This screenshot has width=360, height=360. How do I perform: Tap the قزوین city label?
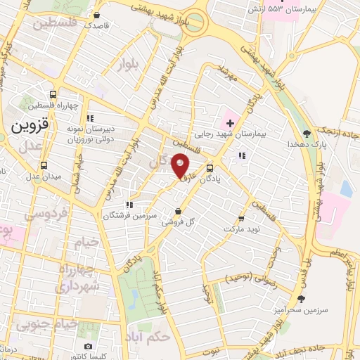pos(30,126)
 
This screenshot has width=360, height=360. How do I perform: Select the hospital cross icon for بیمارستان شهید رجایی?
pos(229,113)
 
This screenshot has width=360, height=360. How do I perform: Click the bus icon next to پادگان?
pos(210,168)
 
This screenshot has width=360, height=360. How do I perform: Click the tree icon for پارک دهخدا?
pos(306,133)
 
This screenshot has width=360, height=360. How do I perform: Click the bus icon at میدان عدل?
pos(44,166)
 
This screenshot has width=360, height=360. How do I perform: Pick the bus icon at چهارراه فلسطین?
pos(53,95)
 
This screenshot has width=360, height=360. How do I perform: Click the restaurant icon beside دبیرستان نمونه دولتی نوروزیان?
pos(89,118)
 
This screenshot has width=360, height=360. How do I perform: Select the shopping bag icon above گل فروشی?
pos(177,210)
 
